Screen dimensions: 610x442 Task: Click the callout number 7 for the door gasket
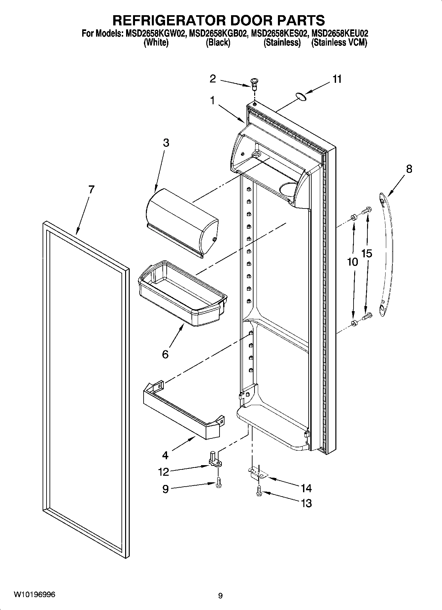tap(91, 190)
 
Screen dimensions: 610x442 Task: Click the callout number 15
tap(367, 253)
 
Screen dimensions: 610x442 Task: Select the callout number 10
tap(352, 262)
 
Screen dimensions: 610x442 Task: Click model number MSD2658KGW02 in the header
tap(155, 33)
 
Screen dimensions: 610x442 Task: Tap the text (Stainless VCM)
tap(339, 43)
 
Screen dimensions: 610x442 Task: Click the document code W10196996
tap(34, 594)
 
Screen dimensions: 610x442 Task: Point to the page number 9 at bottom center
tap(221, 595)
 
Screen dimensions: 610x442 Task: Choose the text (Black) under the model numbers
tap(218, 43)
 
